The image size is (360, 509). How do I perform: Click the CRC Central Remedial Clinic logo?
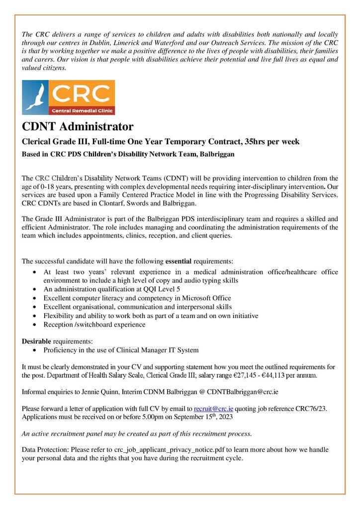69,97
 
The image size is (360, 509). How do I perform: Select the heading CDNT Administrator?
77,126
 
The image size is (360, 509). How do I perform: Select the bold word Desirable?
36,341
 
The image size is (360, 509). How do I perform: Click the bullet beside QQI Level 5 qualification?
33,289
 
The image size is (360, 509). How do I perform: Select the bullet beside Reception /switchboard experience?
33,325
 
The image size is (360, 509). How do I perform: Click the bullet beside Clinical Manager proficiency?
33,351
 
